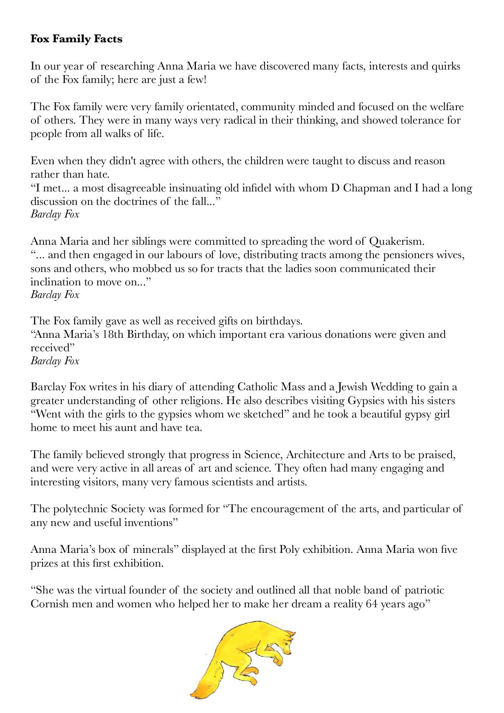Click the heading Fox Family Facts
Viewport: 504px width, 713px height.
pos(76,39)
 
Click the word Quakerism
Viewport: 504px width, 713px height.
pos(397,241)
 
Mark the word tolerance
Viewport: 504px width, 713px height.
pos(414,120)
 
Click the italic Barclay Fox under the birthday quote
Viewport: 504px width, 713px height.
pos(55,361)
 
